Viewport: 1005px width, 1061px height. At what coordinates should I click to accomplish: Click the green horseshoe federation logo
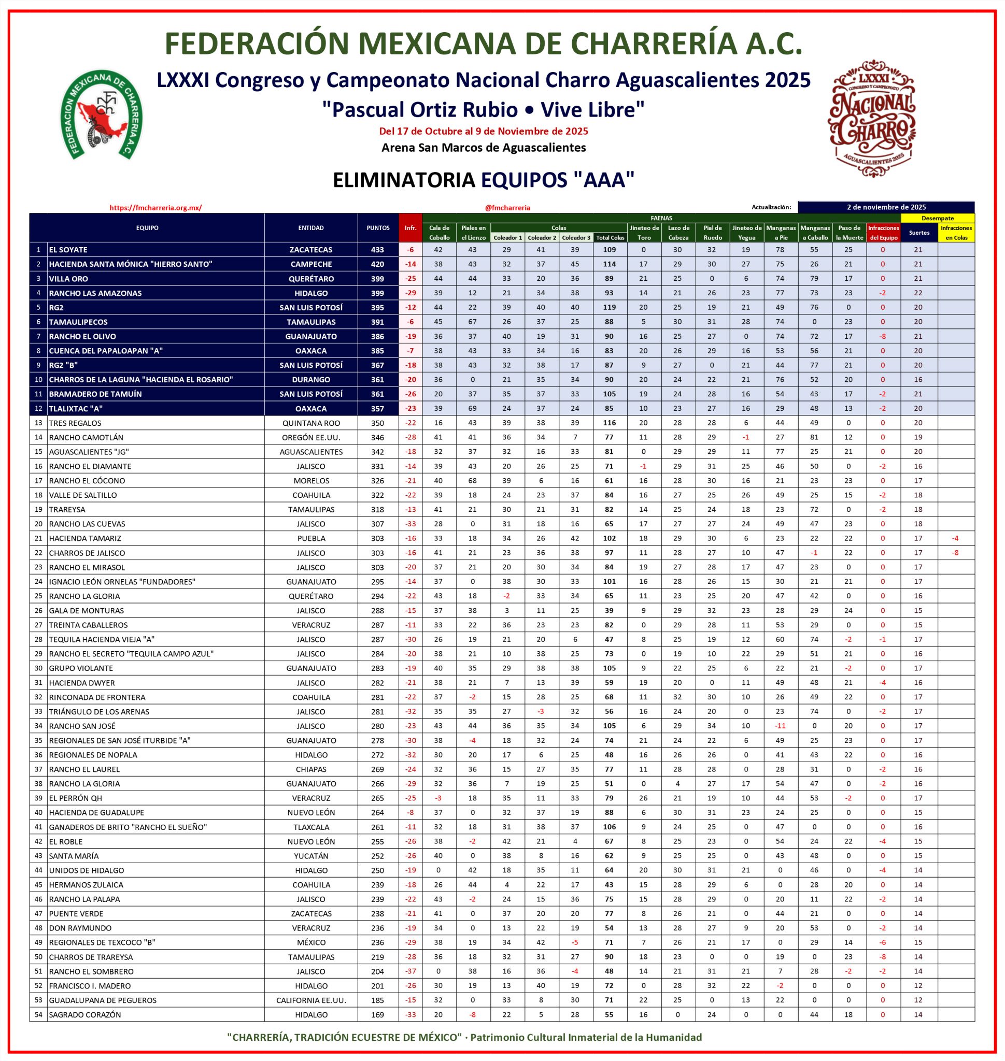101,116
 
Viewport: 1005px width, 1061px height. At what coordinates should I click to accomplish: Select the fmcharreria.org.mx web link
155,208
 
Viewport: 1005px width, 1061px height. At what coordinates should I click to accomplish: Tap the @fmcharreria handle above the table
507,208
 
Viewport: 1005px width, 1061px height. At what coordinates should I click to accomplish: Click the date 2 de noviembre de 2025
886,207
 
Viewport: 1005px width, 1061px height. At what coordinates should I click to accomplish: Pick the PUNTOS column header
378,227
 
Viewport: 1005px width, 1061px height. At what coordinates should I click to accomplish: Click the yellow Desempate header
938,218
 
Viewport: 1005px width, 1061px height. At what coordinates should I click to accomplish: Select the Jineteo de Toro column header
644,233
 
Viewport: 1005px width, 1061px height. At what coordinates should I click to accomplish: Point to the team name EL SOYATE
68,250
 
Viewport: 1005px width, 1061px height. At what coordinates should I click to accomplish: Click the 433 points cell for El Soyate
378,250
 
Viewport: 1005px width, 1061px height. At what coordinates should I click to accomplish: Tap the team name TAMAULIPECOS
78,322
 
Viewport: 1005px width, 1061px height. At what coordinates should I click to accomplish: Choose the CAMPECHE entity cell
310,264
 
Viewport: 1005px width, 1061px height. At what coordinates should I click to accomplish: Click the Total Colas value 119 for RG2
610,307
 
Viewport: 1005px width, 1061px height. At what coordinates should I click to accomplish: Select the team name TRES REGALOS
75,423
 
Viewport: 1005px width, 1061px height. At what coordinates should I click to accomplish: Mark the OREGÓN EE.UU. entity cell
310,438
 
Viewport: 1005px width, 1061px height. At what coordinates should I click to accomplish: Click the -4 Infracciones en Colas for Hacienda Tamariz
956,538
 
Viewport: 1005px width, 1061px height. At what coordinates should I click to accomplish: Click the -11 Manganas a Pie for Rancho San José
781,726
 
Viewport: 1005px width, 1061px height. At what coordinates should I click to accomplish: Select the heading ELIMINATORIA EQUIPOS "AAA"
483,180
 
